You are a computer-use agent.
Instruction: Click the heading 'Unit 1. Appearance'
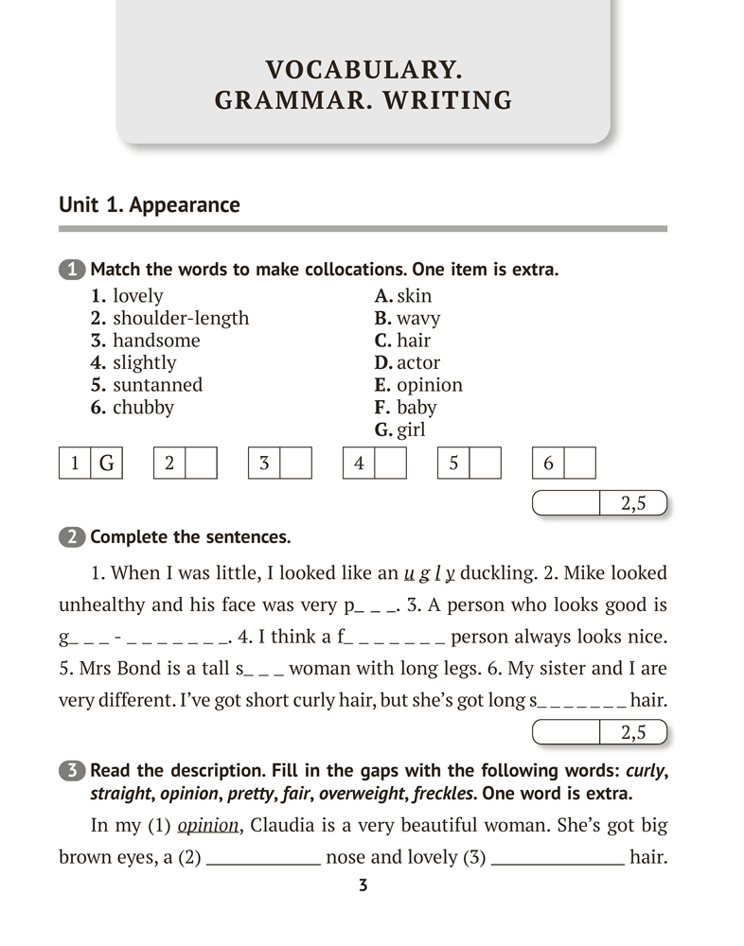click(x=150, y=205)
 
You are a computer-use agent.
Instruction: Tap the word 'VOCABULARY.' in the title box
click(x=363, y=70)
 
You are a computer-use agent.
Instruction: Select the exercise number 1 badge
click(x=72, y=270)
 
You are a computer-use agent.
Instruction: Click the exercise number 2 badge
click(x=72, y=537)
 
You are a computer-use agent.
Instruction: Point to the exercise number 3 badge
click(x=72, y=770)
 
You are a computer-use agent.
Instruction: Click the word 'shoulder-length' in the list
click(x=181, y=318)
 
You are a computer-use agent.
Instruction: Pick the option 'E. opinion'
click(x=418, y=385)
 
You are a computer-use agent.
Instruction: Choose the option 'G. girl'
click(x=400, y=430)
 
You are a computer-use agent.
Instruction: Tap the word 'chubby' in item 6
click(x=143, y=408)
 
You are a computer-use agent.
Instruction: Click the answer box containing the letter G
click(x=106, y=464)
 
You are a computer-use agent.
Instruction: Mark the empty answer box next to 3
click(x=296, y=464)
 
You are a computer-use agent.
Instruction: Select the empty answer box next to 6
click(x=580, y=464)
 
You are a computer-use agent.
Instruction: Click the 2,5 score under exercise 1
click(x=633, y=504)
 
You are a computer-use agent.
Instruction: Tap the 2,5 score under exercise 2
click(x=633, y=732)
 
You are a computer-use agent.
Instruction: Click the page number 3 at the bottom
click(x=363, y=885)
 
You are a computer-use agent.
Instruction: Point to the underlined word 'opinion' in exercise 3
click(x=208, y=825)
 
